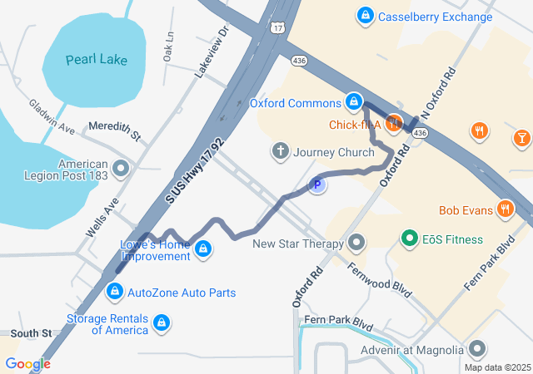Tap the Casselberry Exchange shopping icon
(365, 16)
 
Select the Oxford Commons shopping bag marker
(355, 102)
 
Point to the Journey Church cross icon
(281, 151)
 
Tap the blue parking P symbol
(317, 185)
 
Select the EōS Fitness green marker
(409, 239)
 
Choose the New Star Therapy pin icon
(356, 244)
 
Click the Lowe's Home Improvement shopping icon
(202, 249)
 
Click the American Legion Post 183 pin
(121, 170)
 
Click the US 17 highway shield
(277, 27)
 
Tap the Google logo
(27, 363)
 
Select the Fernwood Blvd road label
(381, 282)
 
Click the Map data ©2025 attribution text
(496, 367)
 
